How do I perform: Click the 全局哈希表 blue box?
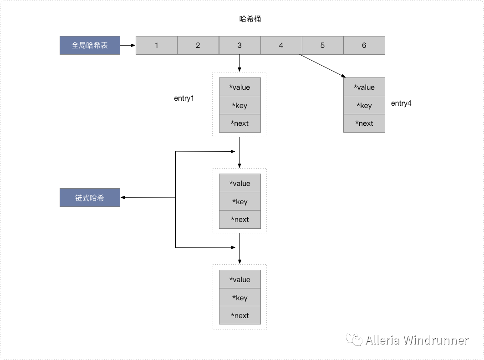click(x=90, y=46)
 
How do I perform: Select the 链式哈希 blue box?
click(x=90, y=198)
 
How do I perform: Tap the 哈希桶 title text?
click(x=250, y=19)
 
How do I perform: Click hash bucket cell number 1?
click(x=157, y=46)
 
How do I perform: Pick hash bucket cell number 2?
click(x=198, y=46)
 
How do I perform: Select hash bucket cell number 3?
click(x=239, y=46)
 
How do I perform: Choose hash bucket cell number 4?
click(x=281, y=46)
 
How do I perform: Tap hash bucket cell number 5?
click(x=322, y=46)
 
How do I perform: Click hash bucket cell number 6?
click(x=364, y=46)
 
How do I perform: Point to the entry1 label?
click(x=184, y=98)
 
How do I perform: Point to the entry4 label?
click(x=401, y=103)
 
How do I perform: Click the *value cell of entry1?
click(x=239, y=87)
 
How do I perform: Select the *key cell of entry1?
click(x=239, y=106)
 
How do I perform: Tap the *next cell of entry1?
click(x=239, y=123)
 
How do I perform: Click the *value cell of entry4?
click(x=364, y=87)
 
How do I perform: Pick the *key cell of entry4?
click(x=364, y=106)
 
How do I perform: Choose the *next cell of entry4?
click(x=364, y=123)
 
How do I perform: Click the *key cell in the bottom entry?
click(x=239, y=298)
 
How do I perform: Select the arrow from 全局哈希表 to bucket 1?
click(x=128, y=46)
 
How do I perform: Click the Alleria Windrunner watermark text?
click(x=416, y=340)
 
